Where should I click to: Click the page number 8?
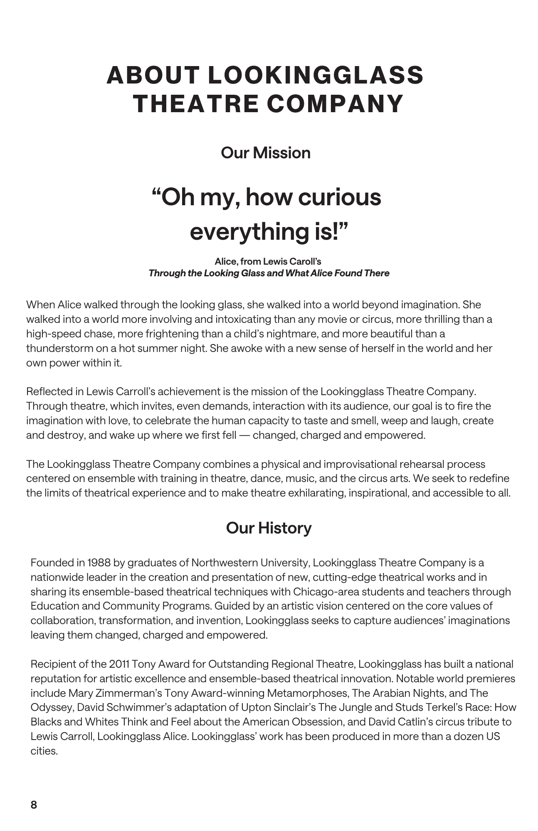click(x=34, y=805)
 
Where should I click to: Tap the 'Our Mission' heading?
click(x=265, y=153)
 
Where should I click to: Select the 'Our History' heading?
click(x=269, y=528)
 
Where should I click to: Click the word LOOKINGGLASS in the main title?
click(x=315, y=75)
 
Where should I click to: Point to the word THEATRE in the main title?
click(x=195, y=103)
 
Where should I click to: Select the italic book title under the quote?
click(x=269, y=273)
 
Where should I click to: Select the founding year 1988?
click(x=99, y=563)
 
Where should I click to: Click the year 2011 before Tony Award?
click(x=119, y=664)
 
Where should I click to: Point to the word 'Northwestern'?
click(x=224, y=563)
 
